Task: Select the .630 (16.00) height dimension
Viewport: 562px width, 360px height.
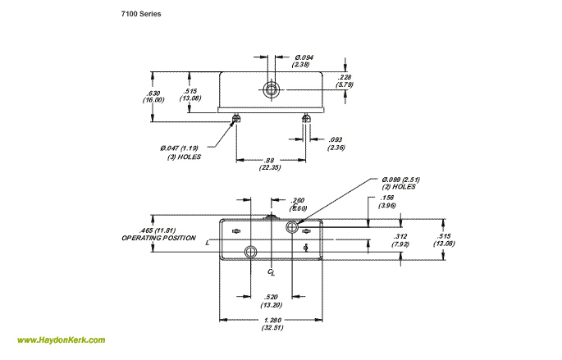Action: coord(153,95)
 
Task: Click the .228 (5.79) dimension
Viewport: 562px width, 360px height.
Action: coord(345,80)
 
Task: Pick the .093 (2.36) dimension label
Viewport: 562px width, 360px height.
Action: coord(337,144)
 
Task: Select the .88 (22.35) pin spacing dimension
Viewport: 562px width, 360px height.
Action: coord(271,163)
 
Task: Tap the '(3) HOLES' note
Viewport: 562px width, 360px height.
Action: coord(184,157)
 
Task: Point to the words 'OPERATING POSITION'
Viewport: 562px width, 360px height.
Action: coord(158,238)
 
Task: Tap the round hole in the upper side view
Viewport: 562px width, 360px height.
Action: coord(271,89)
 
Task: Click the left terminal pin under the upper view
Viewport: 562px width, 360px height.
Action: coord(236,119)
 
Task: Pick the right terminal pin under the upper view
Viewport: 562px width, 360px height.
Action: coord(306,119)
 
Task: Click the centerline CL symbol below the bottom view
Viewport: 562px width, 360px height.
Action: coord(272,270)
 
